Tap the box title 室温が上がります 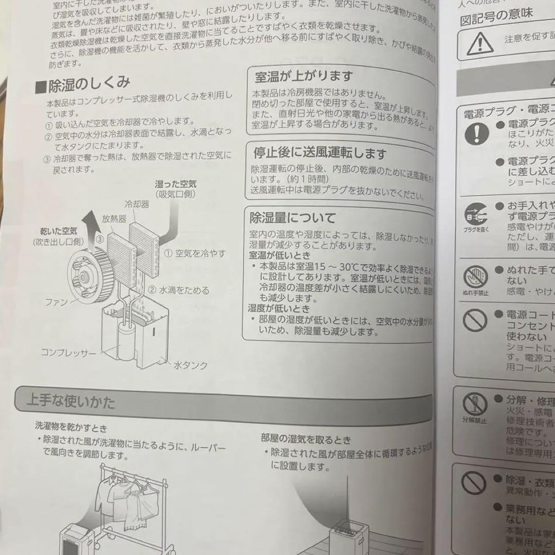pos(304,77)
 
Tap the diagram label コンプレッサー pos(68,353)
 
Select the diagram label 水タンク pos(191,365)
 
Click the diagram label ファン pos(57,302)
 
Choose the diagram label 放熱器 pos(114,218)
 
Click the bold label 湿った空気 pos(176,183)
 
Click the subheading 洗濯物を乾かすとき pos(71,427)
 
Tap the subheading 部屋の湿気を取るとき pos(306,440)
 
